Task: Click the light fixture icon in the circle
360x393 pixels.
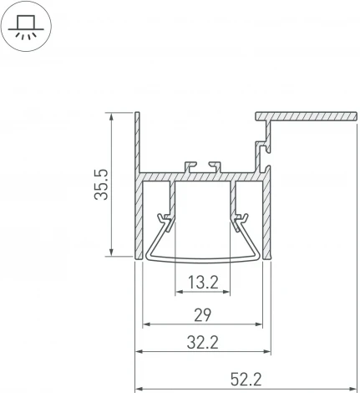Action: (x=28, y=28)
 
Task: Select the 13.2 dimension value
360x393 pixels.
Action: (x=204, y=283)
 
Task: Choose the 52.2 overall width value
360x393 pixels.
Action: (x=246, y=380)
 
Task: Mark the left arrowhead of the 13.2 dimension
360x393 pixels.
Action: (x=178, y=293)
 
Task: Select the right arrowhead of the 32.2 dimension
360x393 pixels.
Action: (x=271, y=350)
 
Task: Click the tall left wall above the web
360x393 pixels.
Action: (x=135, y=142)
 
